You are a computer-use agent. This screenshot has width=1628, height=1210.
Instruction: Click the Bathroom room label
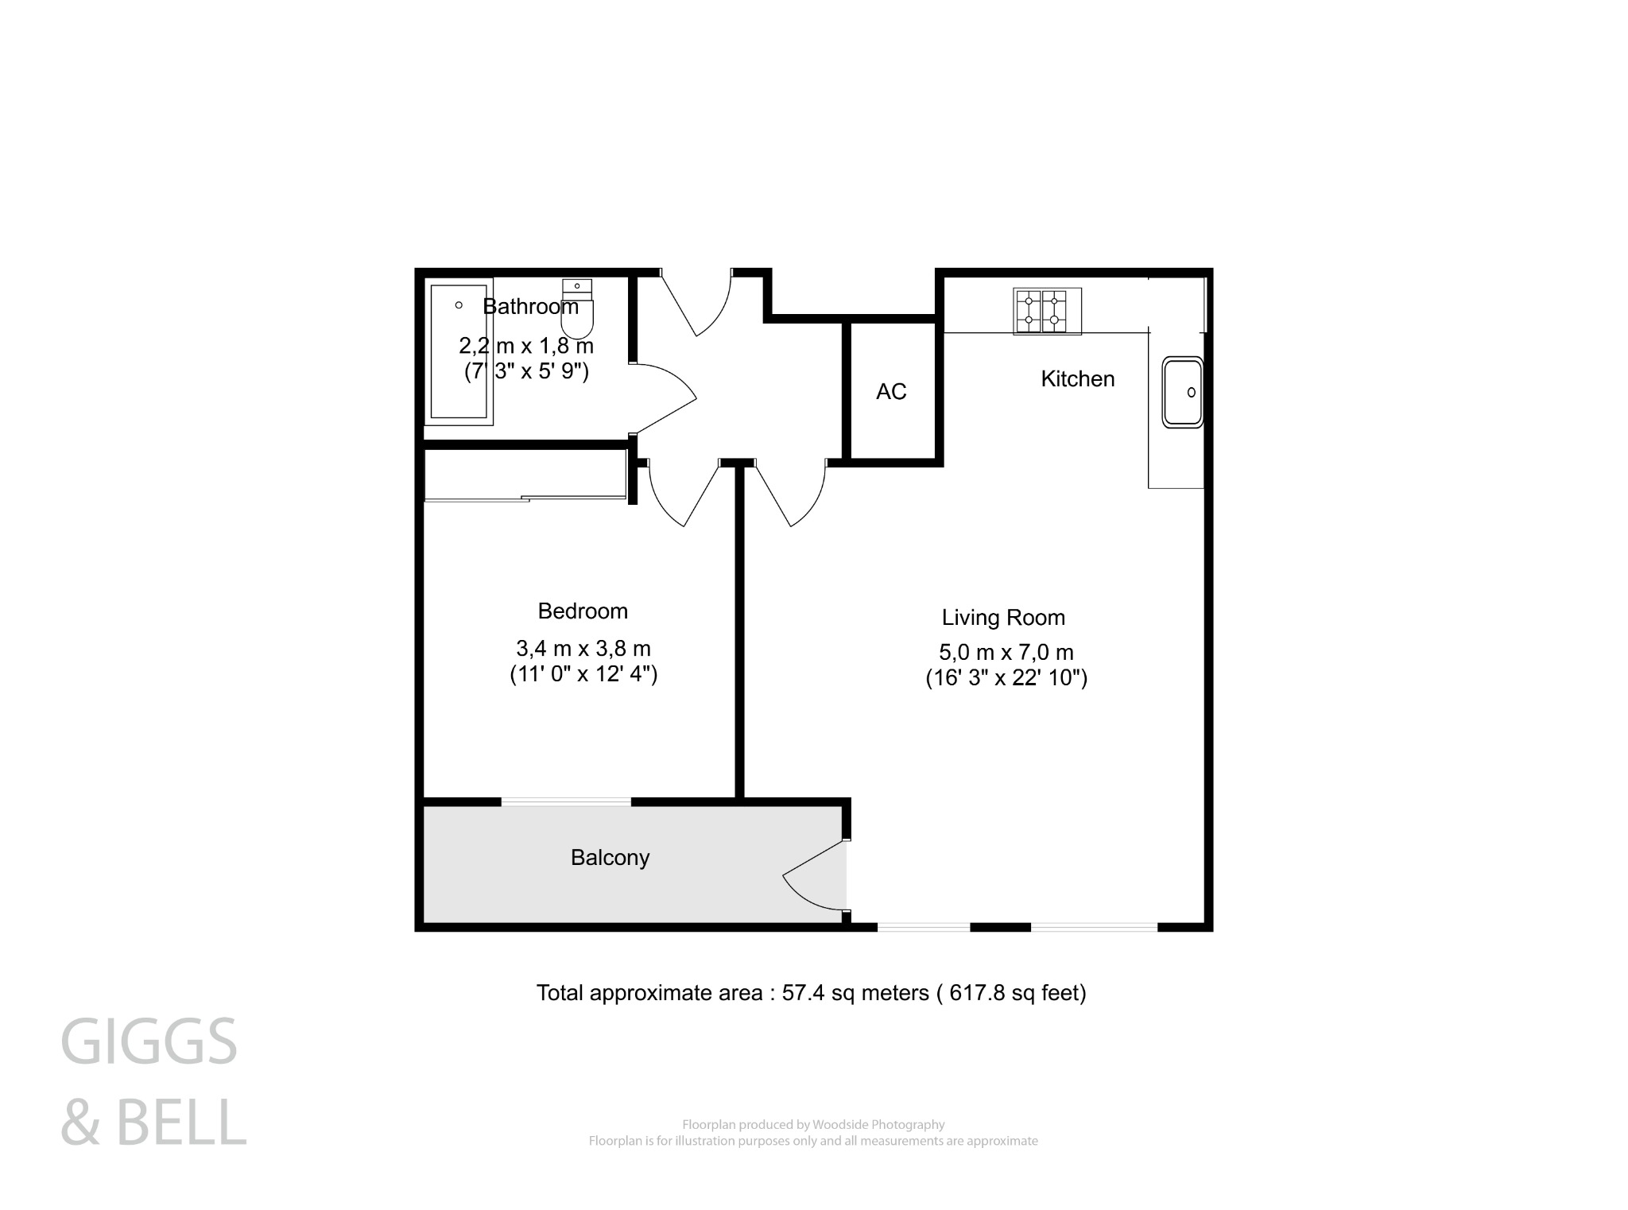point(530,306)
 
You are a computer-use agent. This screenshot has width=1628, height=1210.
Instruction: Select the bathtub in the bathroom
point(459,351)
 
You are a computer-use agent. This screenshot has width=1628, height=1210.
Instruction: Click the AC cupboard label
point(891,391)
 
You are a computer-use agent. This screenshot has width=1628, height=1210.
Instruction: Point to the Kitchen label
point(1077,379)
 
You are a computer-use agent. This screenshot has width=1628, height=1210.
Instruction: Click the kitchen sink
point(1183,392)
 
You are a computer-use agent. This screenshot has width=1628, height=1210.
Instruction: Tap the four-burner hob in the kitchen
point(1047,311)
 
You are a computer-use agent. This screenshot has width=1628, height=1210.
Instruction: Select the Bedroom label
point(583,611)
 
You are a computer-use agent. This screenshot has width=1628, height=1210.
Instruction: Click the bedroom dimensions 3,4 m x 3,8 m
point(583,649)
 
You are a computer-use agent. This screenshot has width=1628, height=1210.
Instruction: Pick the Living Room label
point(1003,618)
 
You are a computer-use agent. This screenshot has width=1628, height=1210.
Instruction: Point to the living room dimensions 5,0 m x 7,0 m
point(1006,653)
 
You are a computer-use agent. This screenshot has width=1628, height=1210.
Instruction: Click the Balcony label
point(610,858)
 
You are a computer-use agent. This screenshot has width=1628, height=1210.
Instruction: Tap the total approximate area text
point(811,993)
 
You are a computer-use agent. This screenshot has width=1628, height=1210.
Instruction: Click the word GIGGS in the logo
point(149,1041)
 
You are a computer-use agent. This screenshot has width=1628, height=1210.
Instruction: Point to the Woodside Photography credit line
point(813,1125)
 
